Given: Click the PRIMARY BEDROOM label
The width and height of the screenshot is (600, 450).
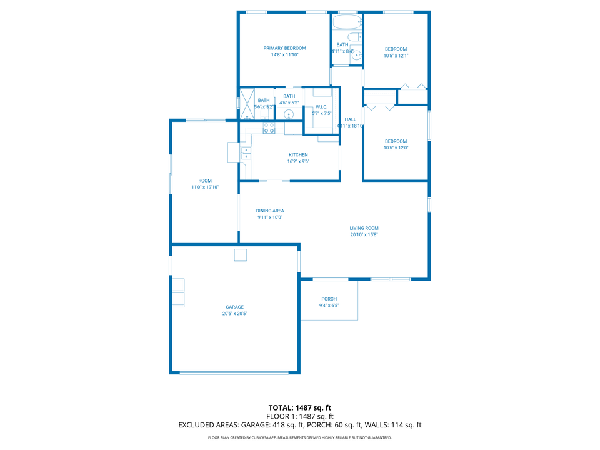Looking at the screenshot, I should click(284, 48).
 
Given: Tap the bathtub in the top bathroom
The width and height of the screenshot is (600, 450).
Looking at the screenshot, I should click(347, 22).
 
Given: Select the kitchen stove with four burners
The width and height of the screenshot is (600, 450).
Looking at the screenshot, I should click(269, 128).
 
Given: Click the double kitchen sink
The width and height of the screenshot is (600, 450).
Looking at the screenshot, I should click(246, 153).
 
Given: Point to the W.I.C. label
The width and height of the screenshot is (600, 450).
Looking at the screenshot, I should click(321, 107).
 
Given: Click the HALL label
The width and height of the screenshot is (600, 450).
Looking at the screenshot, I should click(350, 119).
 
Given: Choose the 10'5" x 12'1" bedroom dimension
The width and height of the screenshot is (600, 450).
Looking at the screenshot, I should click(396, 56).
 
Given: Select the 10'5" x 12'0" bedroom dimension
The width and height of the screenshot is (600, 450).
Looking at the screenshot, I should click(396, 147).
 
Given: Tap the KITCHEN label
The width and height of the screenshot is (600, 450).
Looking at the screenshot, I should click(298, 155).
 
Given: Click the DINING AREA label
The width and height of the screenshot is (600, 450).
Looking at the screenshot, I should click(270, 211).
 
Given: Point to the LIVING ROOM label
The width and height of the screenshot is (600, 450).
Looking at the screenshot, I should click(364, 228).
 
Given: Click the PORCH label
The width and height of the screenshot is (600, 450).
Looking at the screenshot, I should click(329, 299).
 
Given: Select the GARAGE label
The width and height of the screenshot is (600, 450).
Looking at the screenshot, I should click(234, 307).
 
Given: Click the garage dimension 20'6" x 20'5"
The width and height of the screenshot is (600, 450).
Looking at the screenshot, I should click(234, 314).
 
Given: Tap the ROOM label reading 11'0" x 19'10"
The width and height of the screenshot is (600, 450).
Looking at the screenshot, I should click(205, 181).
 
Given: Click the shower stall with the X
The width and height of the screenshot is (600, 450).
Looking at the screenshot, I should click(247, 104).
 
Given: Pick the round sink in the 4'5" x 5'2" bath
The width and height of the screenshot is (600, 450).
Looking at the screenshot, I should click(289, 114).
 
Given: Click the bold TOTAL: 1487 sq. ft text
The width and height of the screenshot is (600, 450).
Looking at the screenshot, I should click(299, 407).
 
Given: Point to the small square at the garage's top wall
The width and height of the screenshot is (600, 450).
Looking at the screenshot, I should click(240, 254).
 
